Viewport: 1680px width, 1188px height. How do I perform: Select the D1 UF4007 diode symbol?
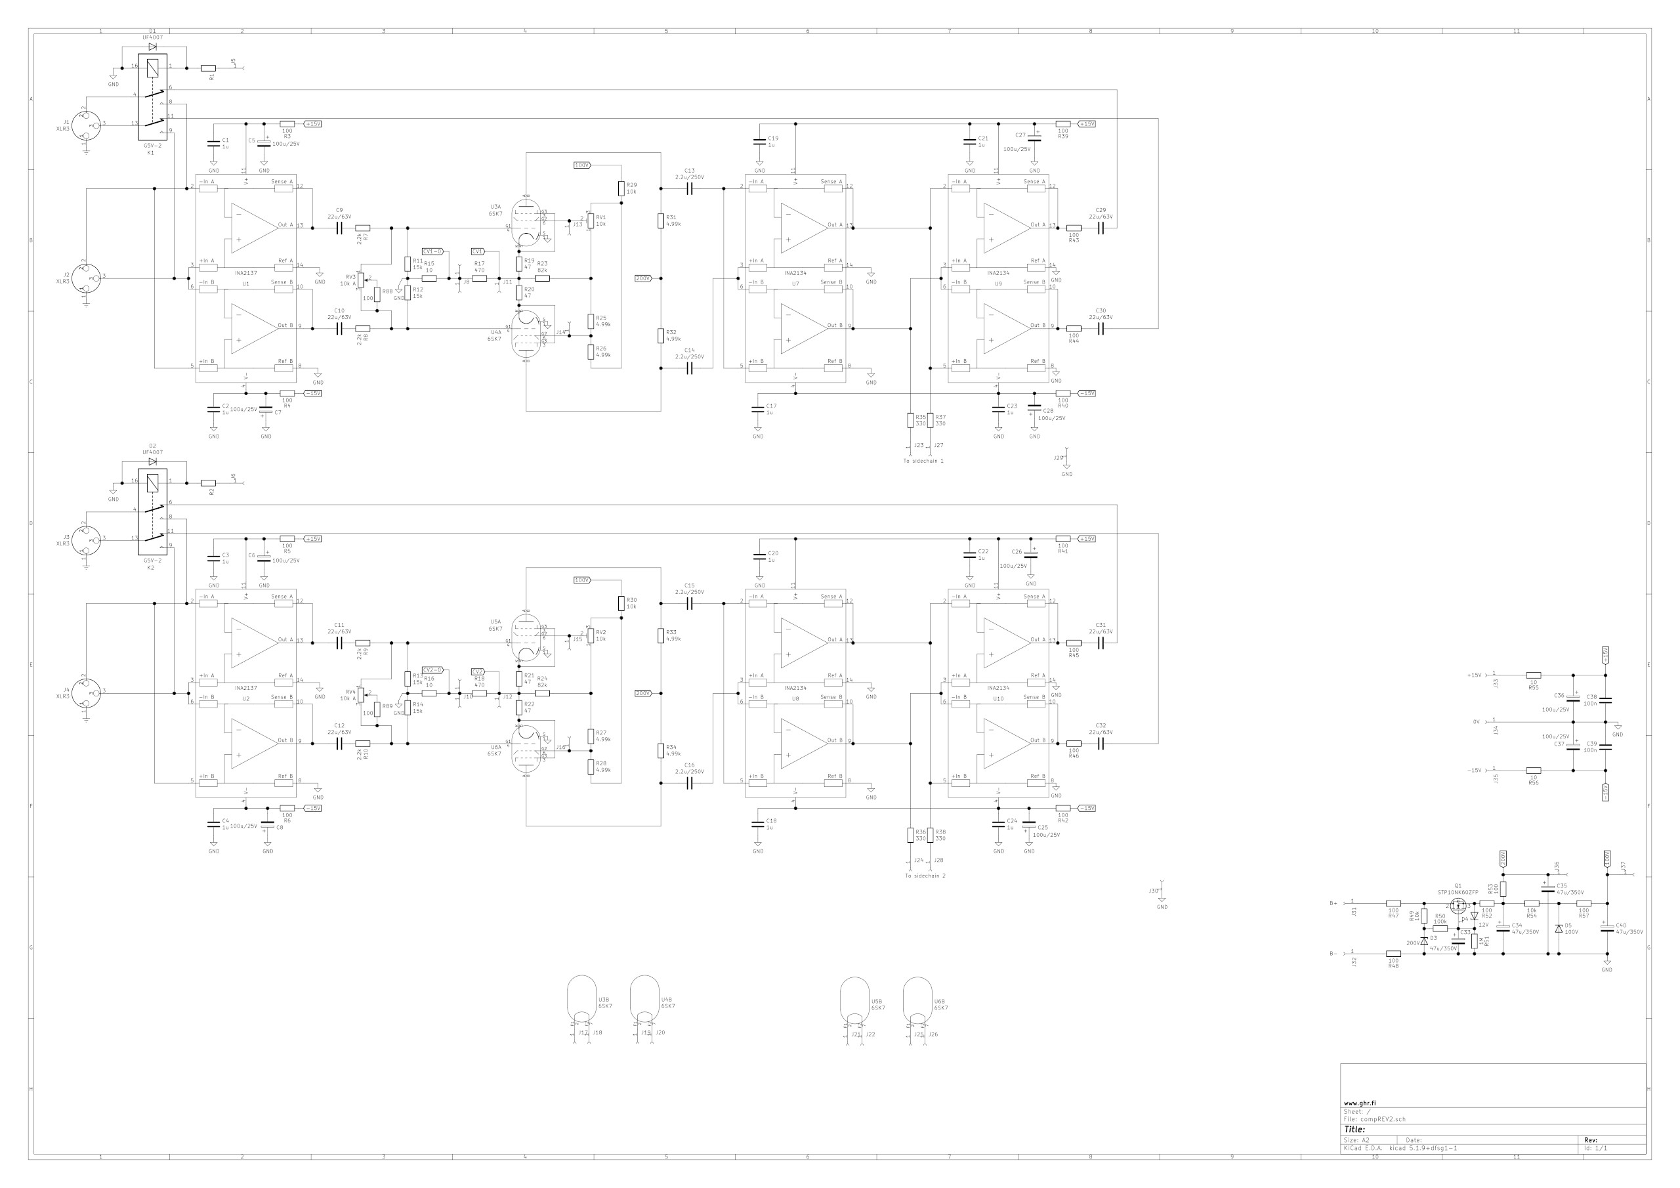[x=152, y=46]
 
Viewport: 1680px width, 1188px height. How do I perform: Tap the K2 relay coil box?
[x=152, y=483]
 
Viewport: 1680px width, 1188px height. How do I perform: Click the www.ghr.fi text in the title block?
[x=1360, y=1103]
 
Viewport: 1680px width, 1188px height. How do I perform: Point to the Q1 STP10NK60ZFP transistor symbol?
[x=1458, y=906]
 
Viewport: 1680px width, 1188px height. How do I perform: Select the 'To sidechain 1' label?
[x=923, y=461]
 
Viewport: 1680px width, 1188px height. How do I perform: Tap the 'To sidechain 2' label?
[x=925, y=876]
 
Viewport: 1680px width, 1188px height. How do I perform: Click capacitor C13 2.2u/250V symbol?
[x=689, y=189]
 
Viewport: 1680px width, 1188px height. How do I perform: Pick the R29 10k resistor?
[x=621, y=189]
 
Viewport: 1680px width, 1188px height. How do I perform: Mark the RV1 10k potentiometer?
[x=591, y=221]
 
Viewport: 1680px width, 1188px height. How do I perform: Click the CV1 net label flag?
[x=478, y=252]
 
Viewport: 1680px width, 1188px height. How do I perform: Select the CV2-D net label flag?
[x=432, y=669]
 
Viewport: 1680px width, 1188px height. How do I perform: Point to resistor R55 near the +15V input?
[x=1533, y=675]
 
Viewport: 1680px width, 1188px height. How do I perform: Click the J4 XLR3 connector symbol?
[x=85, y=690]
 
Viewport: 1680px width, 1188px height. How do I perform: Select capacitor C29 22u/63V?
[x=1101, y=228]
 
